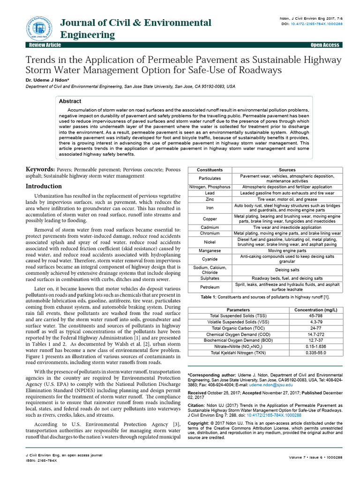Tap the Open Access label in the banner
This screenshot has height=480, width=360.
pos(325,45)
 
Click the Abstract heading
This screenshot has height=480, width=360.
pos(70,101)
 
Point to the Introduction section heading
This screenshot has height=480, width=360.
pos(45,186)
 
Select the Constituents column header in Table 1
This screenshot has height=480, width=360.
pos(210,170)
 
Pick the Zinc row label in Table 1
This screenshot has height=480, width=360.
pos(210,199)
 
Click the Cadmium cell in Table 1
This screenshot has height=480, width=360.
pos(210,227)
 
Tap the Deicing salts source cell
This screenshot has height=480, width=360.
pos(287,270)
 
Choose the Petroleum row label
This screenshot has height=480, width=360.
pos(210,287)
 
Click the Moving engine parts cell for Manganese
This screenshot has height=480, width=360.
pos(287,251)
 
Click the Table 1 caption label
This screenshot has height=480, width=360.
pos(210,297)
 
